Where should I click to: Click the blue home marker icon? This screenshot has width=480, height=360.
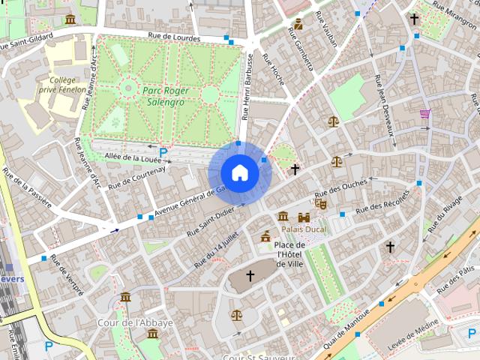pyautogui.click(x=239, y=172)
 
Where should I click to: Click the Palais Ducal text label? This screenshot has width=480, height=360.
pyautogui.click(x=303, y=229)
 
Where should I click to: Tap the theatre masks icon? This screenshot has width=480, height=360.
pyautogui.click(x=321, y=202)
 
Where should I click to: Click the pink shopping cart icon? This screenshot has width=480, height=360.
pyautogui.click(x=425, y=114)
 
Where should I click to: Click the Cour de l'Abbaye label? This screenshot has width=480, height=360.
pyautogui.click(x=136, y=322)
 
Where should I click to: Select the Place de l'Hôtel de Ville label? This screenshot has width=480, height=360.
pyautogui.click(x=289, y=254)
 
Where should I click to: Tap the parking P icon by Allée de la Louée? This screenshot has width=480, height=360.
pyautogui.click(x=163, y=152)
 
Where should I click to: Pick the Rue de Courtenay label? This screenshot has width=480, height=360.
pyautogui.click(x=136, y=177)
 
